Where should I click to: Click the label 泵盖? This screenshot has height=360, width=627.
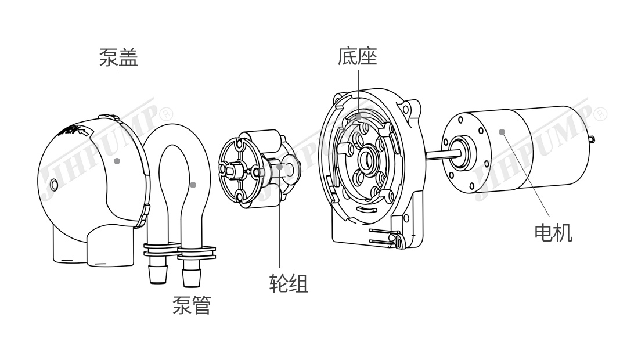click(x=118, y=57)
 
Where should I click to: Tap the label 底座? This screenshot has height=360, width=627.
click(x=358, y=56)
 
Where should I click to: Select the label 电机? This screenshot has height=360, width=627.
click(x=553, y=233)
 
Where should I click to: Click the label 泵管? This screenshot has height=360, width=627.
click(x=191, y=304)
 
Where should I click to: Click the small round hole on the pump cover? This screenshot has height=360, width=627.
click(x=54, y=185)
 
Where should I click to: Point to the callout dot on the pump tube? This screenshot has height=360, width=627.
click(x=193, y=185)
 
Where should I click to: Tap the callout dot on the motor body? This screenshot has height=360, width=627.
click(x=503, y=132)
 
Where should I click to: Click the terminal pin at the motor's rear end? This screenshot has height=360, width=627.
click(x=592, y=139)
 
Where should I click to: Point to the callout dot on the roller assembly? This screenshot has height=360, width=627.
click(x=279, y=167)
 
